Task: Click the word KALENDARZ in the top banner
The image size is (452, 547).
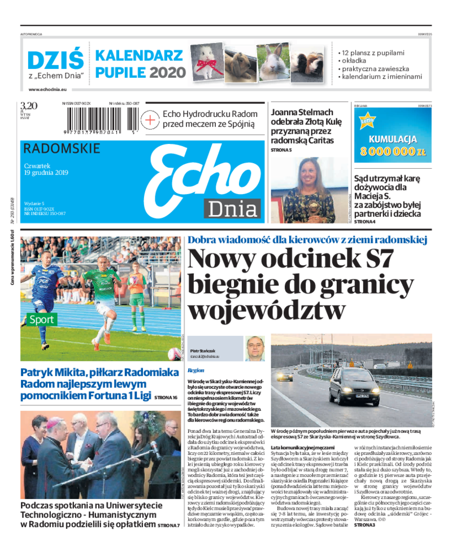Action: [x=139, y=56]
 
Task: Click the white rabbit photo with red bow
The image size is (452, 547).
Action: [x=206, y=62]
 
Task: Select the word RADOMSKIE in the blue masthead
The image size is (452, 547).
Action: [x=62, y=148]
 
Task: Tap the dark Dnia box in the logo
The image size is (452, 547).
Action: [x=232, y=209]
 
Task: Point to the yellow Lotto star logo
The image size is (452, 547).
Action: [x=368, y=121]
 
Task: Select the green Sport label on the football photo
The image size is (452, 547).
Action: [x=42, y=320]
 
